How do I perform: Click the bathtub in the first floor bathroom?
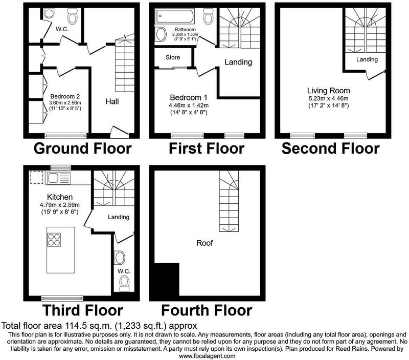pos(174,16)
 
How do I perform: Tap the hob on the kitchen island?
pos(54,240)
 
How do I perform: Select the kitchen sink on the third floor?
pos(58,178)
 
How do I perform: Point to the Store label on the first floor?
pos(173,57)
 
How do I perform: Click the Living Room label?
pos(328,91)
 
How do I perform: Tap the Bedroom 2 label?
pos(65,96)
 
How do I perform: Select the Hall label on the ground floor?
pos(112,101)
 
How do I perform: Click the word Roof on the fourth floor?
pos(204,243)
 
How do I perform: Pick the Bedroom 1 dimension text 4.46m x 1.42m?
pos(189,105)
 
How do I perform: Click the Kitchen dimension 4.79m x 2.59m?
pos(60,205)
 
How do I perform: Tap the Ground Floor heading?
pos(82,148)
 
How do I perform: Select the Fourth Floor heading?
pos(207,310)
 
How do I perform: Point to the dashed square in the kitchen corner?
pos(36,178)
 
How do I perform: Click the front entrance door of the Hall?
pos(120,132)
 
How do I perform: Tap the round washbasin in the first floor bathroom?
pos(161,34)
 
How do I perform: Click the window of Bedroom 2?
pos(65,135)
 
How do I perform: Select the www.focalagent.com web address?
pos(207,356)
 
